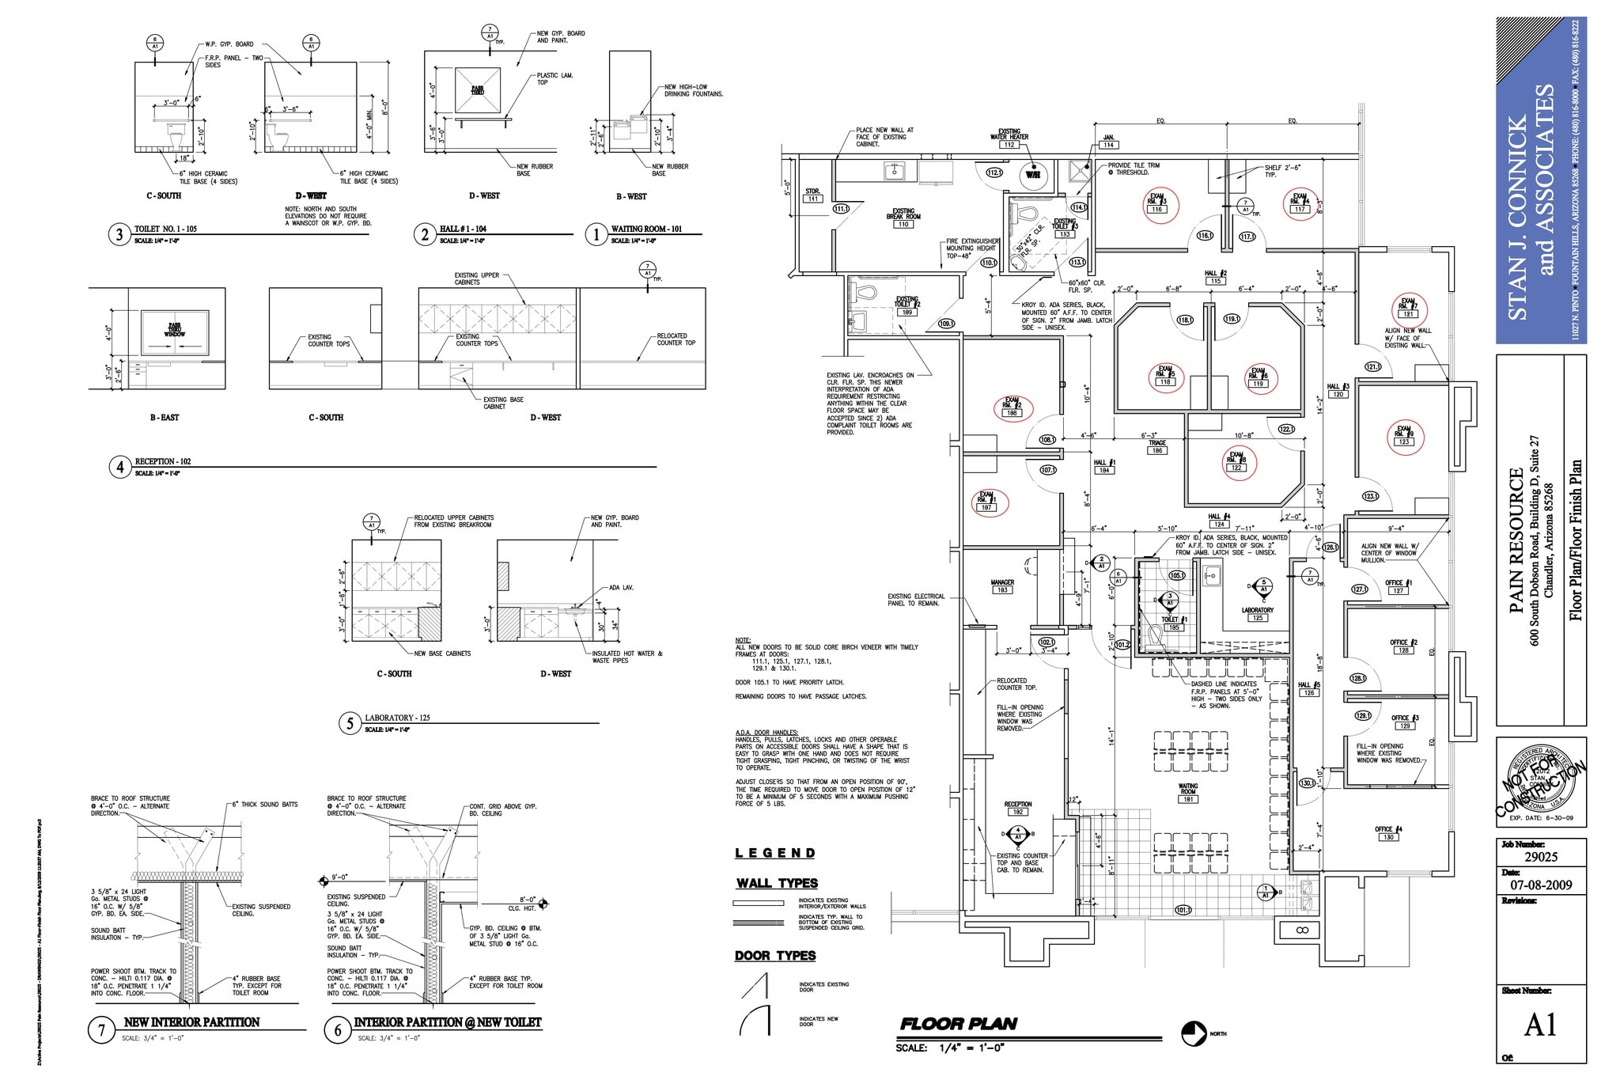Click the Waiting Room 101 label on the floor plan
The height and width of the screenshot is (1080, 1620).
click(1187, 793)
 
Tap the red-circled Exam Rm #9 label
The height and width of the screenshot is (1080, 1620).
click(1403, 435)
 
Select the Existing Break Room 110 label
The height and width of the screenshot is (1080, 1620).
click(903, 218)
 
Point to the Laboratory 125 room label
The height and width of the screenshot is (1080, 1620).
click(1257, 613)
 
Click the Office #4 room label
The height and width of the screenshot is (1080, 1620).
click(1388, 832)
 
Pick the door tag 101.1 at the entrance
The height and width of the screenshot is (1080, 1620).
click(1183, 910)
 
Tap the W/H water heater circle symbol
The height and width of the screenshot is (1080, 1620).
click(1033, 175)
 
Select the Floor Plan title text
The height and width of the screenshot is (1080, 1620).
click(958, 1024)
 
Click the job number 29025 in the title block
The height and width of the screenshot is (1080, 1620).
click(1540, 857)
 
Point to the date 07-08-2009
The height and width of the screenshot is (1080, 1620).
click(1540, 885)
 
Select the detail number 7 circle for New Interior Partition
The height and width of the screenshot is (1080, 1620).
click(101, 1031)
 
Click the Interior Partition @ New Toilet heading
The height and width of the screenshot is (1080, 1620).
click(447, 1022)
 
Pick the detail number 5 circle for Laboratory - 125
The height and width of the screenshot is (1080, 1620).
click(350, 724)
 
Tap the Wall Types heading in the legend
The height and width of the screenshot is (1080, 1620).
click(777, 883)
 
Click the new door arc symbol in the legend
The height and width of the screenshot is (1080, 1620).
click(755, 1020)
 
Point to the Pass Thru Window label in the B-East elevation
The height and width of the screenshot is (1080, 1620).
click(174, 331)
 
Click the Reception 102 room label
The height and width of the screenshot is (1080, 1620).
click(1017, 808)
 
